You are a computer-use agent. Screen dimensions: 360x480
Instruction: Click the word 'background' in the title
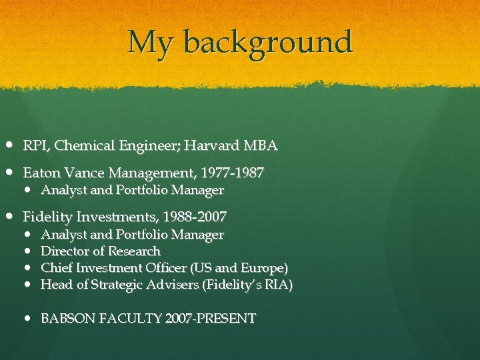click(267, 43)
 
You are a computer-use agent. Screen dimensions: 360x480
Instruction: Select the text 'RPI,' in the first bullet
click(34, 145)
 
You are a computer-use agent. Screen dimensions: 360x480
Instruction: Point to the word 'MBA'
click(261, 145)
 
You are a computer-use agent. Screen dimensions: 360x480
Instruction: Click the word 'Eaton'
click(41, 173)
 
